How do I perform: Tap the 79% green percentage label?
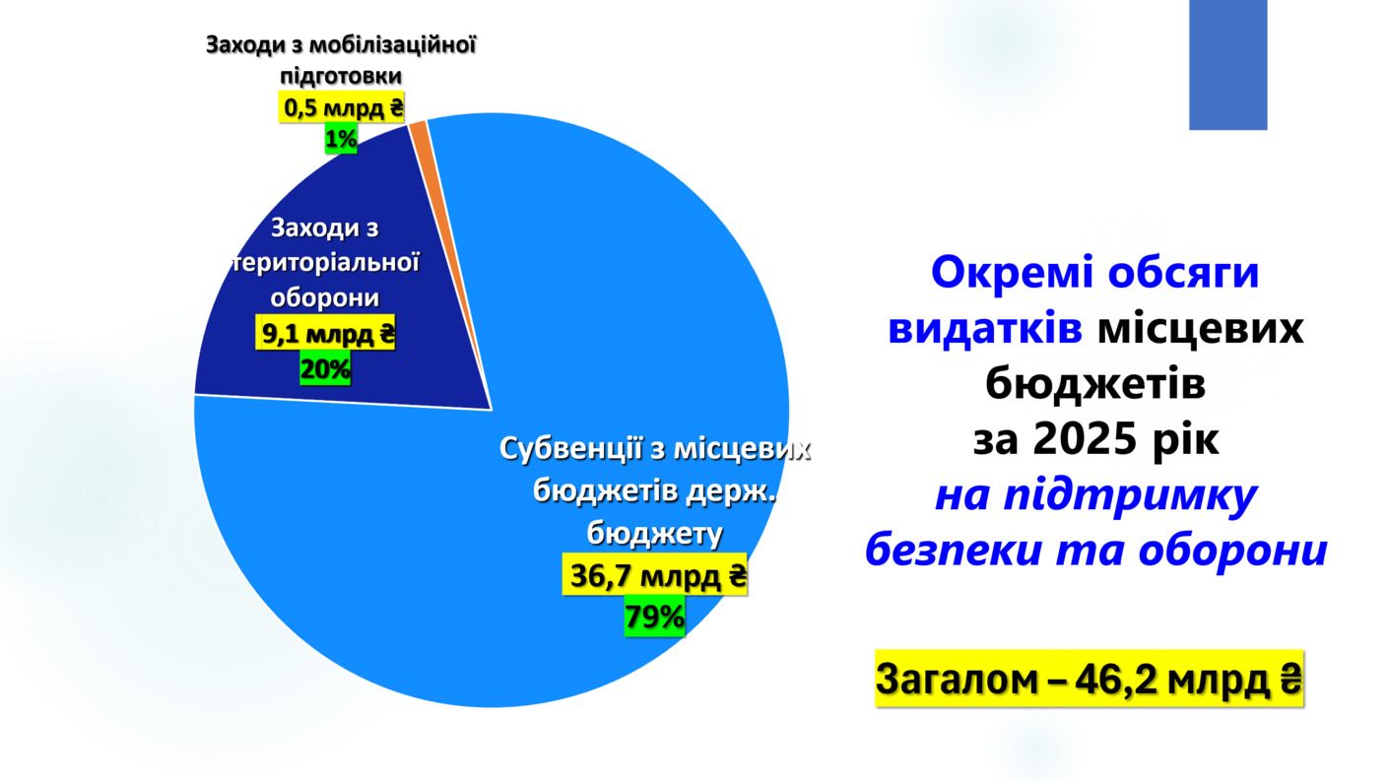(x=654, y=617)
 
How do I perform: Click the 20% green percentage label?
(x=325, y=368)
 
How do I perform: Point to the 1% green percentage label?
(x=341, y=138)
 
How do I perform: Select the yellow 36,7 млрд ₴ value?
(x=655, y=575)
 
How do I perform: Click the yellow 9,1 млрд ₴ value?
(x=325, y=334)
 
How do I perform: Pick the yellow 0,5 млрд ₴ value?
(x=342, y=108)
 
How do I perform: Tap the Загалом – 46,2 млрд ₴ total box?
(x=1090, y=679)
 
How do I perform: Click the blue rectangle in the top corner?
(x=1227, y=64)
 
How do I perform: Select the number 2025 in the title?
(x=1086, y=439)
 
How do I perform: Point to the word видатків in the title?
(x=985, y=328)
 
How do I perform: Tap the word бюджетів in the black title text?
(x=1095, y=383)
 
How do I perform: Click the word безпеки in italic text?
(x=953, y=550)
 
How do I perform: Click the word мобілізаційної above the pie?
(x=392, y=44)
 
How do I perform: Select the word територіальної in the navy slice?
(x=325, y=263)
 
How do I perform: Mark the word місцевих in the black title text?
(x=1201, y=328)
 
